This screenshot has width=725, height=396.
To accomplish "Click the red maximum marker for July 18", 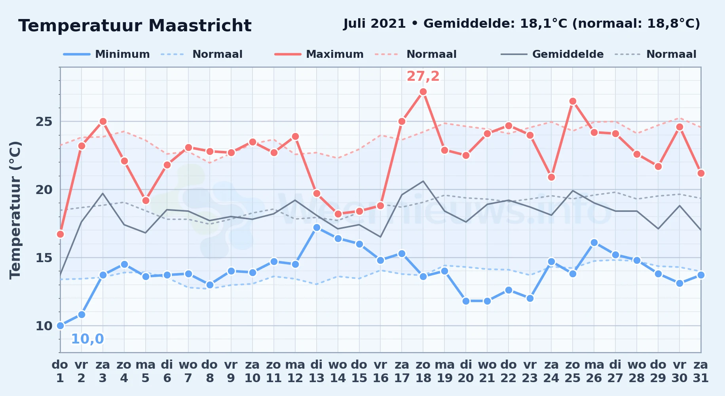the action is point(423,92).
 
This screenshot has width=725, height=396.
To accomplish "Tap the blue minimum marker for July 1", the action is point(60,326).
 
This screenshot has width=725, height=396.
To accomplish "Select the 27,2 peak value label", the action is point(423,76).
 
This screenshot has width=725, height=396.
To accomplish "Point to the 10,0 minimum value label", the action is point(87,339).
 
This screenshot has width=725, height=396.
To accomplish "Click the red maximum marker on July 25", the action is point(573,101).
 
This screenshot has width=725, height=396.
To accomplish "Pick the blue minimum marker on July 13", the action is point(317,227).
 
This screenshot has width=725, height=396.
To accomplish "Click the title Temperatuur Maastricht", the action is point(135,26).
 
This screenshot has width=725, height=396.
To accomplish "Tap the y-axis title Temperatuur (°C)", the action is point(15,210).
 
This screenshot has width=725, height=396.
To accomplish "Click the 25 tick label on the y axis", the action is point(44,122).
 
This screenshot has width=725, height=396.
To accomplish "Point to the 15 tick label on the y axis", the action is point(44,258).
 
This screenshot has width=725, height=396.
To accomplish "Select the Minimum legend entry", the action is point(106,54).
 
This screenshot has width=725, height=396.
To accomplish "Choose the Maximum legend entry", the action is point(319,54).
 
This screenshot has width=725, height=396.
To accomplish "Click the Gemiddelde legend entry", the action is point(552,54).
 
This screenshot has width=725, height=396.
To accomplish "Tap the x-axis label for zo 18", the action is point(423,371).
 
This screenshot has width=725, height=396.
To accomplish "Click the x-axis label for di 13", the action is point(317,371).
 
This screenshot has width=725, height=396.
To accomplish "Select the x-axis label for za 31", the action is point(700,371).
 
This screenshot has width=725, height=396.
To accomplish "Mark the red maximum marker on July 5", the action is point(146,200).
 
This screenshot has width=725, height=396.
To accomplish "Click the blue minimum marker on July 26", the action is point(594,242).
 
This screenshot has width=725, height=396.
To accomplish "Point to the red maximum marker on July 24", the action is point(551,177).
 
